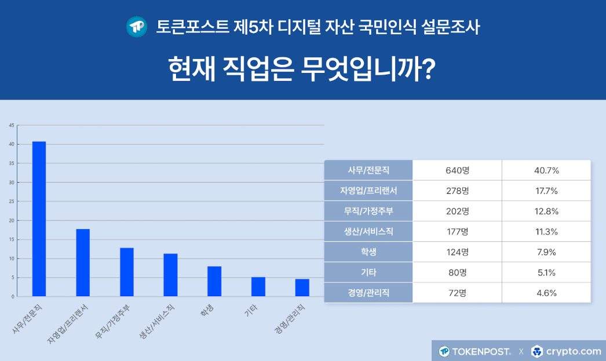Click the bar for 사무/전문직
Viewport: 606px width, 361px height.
(x=39, y=219)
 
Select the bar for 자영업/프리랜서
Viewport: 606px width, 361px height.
(x=83, y=263)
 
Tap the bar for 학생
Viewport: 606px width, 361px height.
(x=214, y=281)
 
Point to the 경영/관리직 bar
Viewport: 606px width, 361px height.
(x=302, y=288)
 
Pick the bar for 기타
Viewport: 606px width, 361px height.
(x=258, y=286)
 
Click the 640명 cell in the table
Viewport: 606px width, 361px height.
(x=457, y=170)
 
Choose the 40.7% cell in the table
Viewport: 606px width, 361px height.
(x=546, y=170)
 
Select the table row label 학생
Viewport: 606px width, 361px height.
(x=368, y=252)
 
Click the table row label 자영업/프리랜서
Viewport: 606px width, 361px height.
(x=368, y=190)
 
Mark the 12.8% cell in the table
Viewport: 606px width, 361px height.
(x=546, y=211)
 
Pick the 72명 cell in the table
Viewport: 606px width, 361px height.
(x=457, y=293)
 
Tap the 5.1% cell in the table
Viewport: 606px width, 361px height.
(x=546, y=272)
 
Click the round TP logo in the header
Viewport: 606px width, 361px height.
(x=137, y=27)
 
